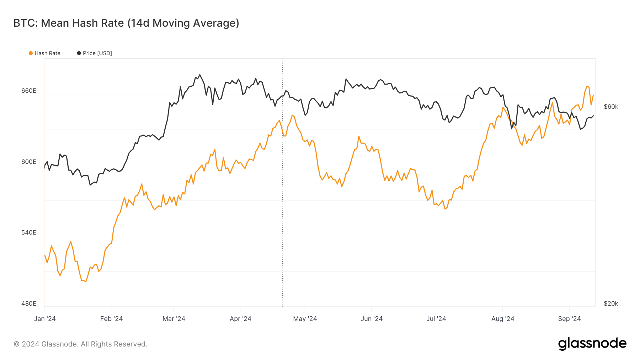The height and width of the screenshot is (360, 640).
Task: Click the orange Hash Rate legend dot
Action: click(31, 53)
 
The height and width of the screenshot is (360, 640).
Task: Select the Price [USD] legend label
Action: click(97, 53)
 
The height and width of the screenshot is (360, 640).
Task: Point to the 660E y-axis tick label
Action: click(29, 91)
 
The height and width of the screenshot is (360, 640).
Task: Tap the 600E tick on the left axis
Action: click(29, 162)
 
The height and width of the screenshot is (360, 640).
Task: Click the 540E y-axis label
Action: click(29, 232)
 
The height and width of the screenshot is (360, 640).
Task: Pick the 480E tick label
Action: click(29, 303)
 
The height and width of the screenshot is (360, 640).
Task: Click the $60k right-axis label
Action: click(611, 107)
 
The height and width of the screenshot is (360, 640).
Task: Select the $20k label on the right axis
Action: click(611, 303)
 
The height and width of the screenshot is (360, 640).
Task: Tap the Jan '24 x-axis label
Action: click(45, 318)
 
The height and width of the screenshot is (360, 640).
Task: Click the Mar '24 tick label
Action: click(174, 318)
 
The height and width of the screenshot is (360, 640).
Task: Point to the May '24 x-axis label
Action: click(305, 318)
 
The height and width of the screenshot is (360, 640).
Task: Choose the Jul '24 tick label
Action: click(436, 318)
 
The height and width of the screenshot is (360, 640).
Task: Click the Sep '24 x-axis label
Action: click(569, 318)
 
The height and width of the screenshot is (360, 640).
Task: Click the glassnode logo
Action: click(592, 344)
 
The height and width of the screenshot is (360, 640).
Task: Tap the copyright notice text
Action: click(80, 344)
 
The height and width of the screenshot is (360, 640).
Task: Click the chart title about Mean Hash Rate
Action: click(126, 23)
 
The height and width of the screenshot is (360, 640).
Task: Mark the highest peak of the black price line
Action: click(200, 75)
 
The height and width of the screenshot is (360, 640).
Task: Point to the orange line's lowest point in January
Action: click(86, 282)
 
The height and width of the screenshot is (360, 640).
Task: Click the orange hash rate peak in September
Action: click(587, 86)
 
